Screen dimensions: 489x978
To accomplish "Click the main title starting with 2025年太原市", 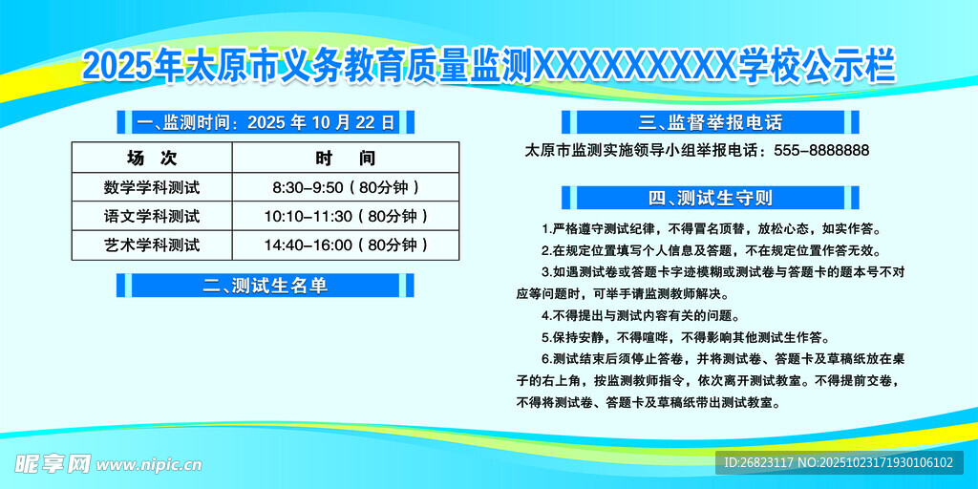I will coord(489,67).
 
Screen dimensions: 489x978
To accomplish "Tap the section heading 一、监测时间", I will coord(266,122).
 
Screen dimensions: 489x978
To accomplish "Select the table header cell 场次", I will coord(152,158).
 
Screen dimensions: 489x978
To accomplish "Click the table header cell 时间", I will coord(345,158).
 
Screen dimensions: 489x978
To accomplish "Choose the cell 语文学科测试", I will coord(152,216).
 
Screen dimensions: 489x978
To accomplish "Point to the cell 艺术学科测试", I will coord(152,245).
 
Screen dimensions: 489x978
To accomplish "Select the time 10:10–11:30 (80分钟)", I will coord(345,216).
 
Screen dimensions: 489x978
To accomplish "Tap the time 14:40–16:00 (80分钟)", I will coord(345,245).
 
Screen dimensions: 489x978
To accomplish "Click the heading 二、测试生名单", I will coord(266,285).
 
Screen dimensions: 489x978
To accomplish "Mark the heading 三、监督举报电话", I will coord(710,122).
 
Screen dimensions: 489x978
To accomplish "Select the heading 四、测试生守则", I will coord(710,199).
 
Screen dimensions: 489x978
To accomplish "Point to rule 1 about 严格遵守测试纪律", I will coord(710,229).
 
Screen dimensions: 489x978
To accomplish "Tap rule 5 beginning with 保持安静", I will coord(684,337).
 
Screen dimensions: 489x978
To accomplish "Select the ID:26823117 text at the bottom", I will coord(758,463).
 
